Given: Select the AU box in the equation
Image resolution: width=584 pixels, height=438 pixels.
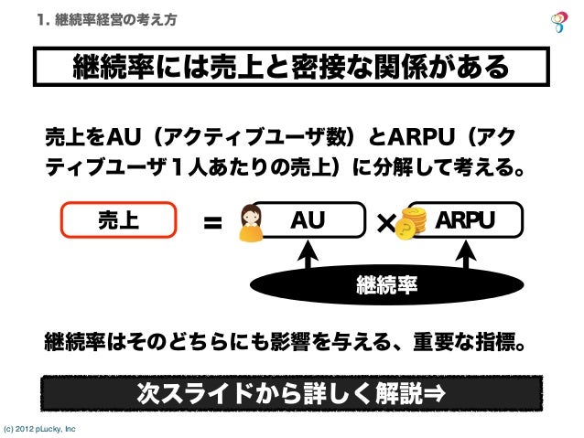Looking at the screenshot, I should coord(307,221).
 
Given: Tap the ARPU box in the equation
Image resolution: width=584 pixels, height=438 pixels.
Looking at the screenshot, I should coord(465,221).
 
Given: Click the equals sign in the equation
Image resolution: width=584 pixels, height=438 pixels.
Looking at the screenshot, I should coord(212,223).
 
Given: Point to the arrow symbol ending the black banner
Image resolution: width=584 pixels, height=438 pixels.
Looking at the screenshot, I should coord(436,394).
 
